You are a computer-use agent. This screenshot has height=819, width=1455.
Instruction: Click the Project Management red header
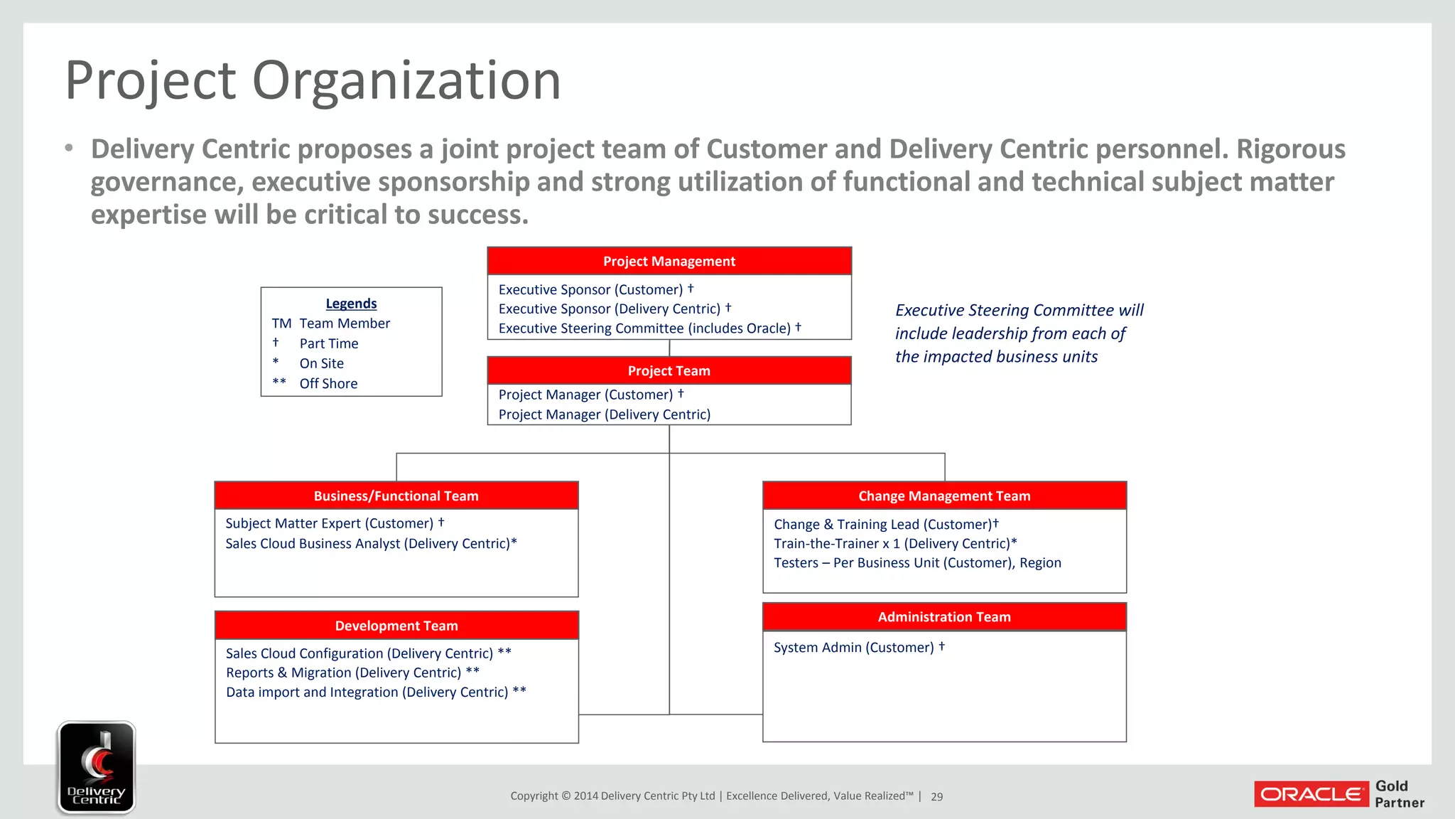tap(669, 261)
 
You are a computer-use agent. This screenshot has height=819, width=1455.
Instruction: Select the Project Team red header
tap(669, 370)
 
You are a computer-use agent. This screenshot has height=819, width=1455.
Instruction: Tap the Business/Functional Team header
tap(396, 496)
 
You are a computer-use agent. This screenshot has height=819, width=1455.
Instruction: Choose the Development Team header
tap(396, 626)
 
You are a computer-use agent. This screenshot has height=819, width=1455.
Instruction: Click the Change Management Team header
tap(943, 496)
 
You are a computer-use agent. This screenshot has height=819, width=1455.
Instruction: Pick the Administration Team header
tap(943, 616)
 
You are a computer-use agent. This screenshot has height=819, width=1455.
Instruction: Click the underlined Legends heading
tap(351, 304)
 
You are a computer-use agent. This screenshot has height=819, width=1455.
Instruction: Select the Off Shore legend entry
tap(328, 383)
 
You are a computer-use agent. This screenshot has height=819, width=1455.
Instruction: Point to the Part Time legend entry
tap(328, 343)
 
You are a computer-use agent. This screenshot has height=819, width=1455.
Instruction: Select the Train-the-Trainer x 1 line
tap(894, 543)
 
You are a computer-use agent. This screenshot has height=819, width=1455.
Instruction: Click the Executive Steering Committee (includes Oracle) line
tap(649, 328)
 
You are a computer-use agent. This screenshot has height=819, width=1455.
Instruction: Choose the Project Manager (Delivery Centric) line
tap(604, 414)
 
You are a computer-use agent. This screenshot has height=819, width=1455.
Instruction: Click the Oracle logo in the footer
tap(1310, 794)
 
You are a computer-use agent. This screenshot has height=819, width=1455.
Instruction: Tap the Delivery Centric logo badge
tap(96, 767)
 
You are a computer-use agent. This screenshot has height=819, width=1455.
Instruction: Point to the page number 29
tap(936, 797)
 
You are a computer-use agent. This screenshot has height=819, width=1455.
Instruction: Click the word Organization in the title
tap(406, 80)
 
